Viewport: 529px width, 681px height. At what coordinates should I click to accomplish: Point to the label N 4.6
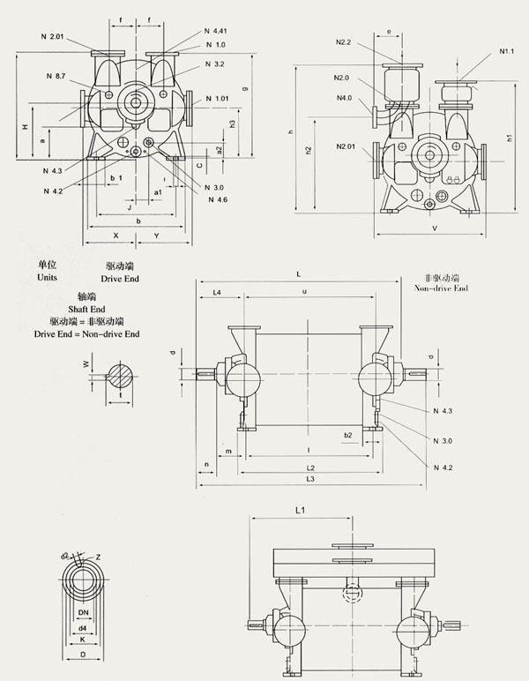click(219, 200)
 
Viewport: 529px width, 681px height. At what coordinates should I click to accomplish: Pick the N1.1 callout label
click(506, 51)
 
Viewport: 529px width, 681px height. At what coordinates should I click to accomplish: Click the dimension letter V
click(435, 228)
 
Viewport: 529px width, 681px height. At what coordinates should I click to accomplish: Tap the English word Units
click(47, 277)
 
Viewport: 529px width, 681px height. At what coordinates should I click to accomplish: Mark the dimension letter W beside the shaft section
click(86, 363)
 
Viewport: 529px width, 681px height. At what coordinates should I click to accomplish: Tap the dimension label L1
click(301, 510)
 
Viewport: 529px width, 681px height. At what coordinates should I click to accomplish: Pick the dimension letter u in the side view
click(305, 291)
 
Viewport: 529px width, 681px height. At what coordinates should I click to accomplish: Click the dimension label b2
click(347, 435)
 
